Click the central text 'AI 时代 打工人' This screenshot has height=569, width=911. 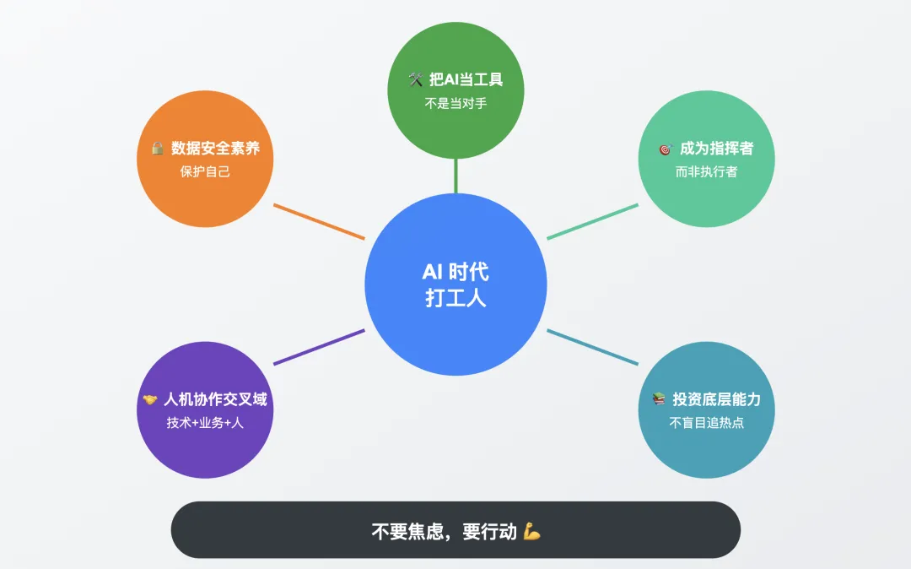point(455,284)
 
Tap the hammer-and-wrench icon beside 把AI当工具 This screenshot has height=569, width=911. point(415,79)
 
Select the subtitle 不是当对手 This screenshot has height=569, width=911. point(455,104)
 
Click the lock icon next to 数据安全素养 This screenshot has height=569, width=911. point(158,149)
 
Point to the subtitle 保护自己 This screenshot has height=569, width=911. point(205,171)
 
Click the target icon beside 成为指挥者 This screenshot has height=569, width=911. point(665,149)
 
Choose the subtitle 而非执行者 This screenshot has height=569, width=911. point(706,171)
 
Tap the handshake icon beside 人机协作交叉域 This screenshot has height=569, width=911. point(150,400)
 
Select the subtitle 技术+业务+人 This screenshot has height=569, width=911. point(205,423)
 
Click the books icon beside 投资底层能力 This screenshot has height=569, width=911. point(659,399)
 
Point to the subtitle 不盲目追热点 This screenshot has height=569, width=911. point(706,423)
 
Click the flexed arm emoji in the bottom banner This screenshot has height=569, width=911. point(531,531)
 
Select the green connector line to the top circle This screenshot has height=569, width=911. point(455,176)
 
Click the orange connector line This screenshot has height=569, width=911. point(319,221)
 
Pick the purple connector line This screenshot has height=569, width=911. point(319,347)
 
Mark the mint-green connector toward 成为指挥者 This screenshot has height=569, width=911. point(592,221)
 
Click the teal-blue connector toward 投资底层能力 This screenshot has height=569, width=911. point(592,347)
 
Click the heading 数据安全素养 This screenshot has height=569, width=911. point(215,149)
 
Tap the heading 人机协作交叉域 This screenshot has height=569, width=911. point(215,400)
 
